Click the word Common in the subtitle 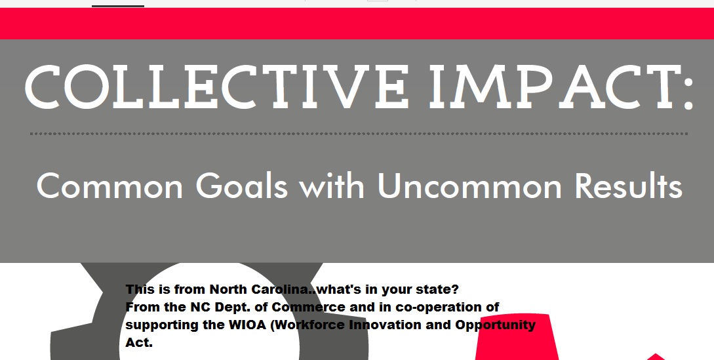[x=109, y=186]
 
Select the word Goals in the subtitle [x=242, y=186]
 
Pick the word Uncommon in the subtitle [x=469, y=186]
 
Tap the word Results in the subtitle [x=628, y=186]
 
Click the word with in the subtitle [x=332, y=186]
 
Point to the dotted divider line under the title [x=359, y=134]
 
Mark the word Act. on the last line [x=139, y=343]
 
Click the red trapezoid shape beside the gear [x=517, y=337]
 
